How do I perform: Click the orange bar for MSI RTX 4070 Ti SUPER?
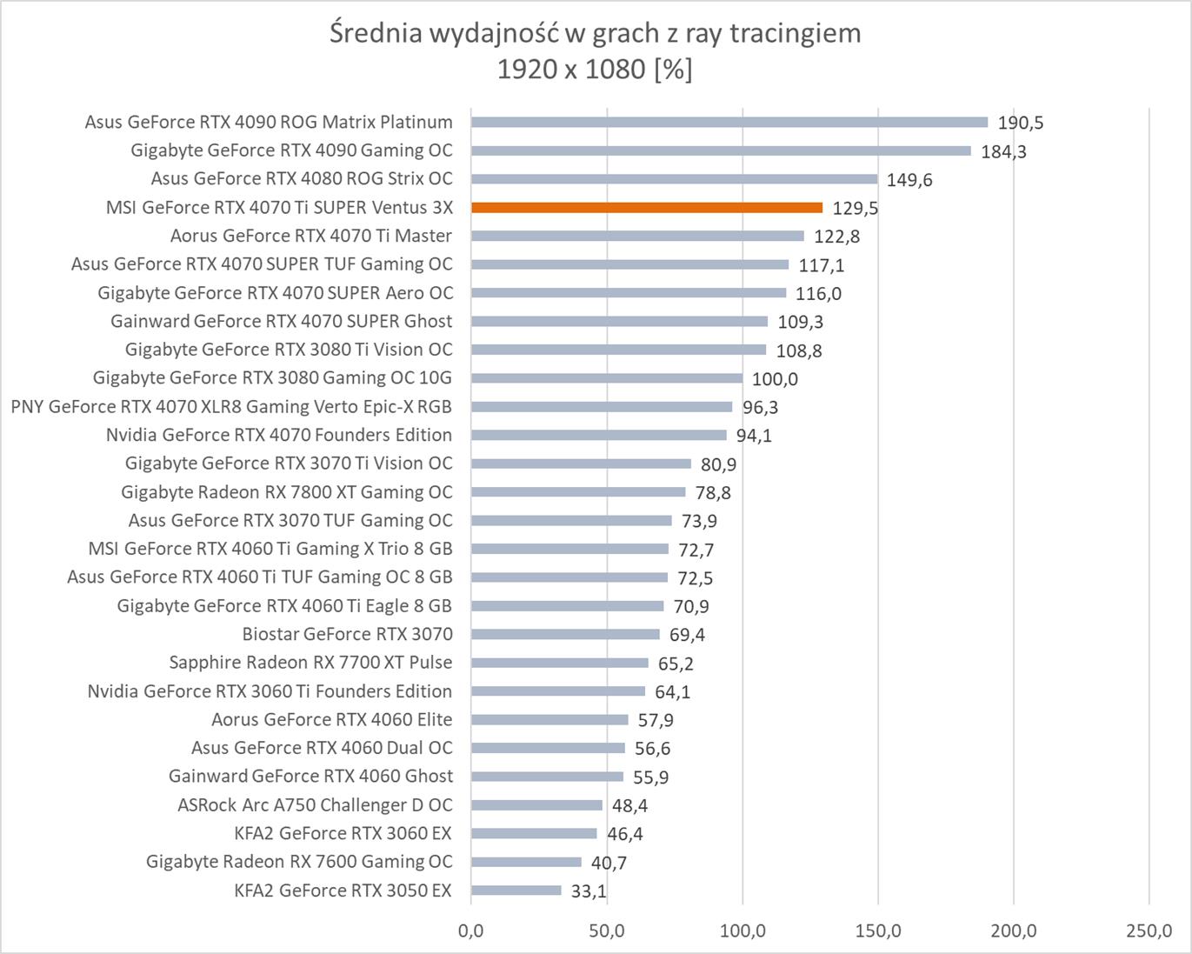click(646, 208)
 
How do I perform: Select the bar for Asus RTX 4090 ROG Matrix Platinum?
click(729, 123)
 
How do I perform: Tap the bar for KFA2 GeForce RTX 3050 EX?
click(516, 891)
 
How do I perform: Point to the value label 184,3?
click(1003, 151)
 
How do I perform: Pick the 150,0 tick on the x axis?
click(877, 931)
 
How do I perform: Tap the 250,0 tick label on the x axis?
click(1149, 931)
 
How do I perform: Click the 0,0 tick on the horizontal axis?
click(471, 931)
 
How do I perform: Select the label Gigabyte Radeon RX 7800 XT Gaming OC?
click(287, 492)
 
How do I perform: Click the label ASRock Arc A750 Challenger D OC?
click(315, 805)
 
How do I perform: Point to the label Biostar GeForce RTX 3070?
click(347, 634)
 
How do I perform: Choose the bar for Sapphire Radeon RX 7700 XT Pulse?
click(559, 663)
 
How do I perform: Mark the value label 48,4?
click(629, 806)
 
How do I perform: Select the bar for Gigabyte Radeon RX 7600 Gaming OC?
click(526, 862)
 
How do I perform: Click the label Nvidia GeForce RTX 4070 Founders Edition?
click(279, 435)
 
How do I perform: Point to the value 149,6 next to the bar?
click(909, 180)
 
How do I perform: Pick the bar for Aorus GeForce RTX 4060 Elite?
click(549, 720)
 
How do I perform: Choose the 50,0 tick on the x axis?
click(606, 931)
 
